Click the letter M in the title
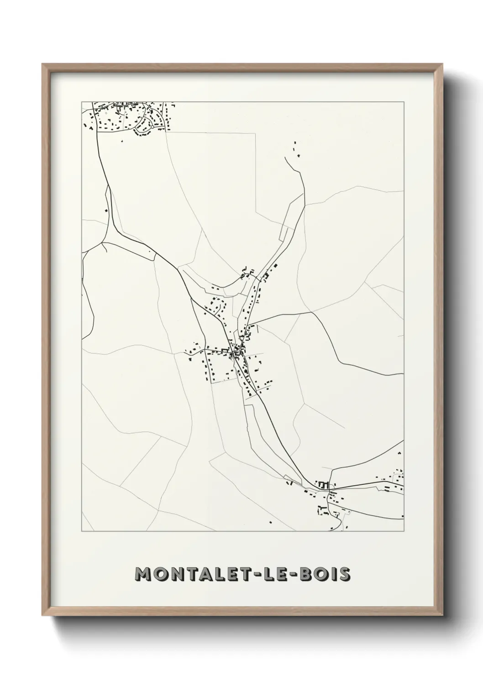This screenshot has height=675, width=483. pyautogui.click(x=144, y=575)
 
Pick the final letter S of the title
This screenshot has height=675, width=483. pyautogui.click(x=345, y=575)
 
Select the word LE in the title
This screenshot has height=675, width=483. pyautogui.click(x=277, y=575)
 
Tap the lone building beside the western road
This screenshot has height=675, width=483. pyautogui.click(x=106, y=210)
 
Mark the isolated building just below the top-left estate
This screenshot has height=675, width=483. pyautogui.click(x=122, y=141)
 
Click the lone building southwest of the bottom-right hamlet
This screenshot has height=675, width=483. pyautogui.click(x=270, y=522)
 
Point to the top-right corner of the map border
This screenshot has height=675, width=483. pyautogui.click(x=404, y=102)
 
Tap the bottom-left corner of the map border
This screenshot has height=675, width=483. pyautogui.click(x=82, y=531)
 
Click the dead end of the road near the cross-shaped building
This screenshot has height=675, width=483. pyautogui.click(x=285, y=158)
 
